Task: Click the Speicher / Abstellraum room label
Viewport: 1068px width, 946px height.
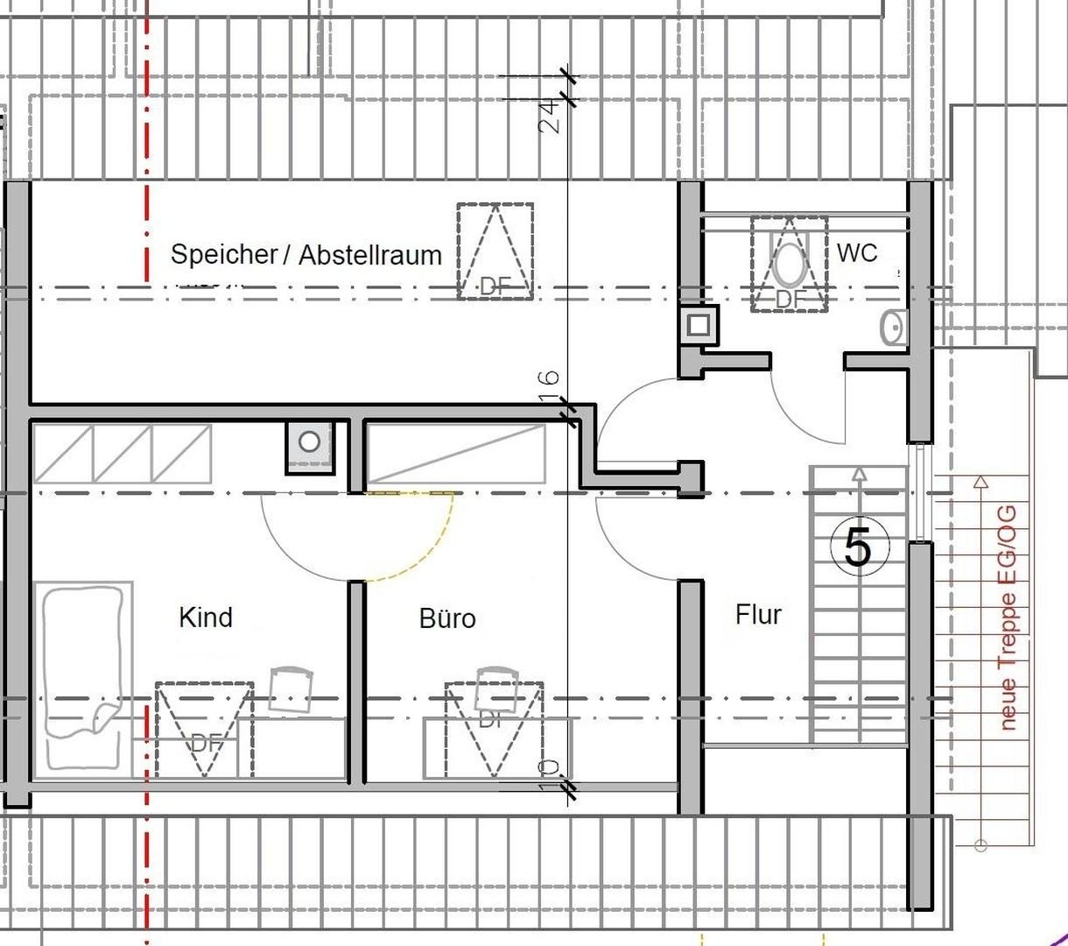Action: pos(306,255)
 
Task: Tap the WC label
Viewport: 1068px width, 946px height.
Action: pos(856,253)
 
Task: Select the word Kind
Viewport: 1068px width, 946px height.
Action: pos(206,617)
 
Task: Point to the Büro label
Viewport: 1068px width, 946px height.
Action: pos(447,618)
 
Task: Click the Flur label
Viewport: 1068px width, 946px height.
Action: pos(758,615)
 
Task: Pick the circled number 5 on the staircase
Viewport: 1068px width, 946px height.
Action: pos(858,548)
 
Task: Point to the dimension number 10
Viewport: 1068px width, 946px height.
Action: pos(549,773)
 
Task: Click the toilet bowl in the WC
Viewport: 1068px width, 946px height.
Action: pos(790,261)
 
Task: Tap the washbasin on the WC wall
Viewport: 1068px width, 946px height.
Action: pos(894,328)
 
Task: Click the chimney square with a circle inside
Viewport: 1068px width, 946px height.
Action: pos(309,442)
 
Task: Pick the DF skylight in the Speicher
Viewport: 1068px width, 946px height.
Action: pos(495,251)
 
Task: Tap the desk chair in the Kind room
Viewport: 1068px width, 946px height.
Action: pos(291,688)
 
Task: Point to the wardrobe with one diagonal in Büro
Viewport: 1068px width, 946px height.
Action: pos(454,454)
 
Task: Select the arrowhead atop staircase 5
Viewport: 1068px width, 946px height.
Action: pos(859,475)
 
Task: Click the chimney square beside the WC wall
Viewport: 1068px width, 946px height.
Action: pos(698,325)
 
